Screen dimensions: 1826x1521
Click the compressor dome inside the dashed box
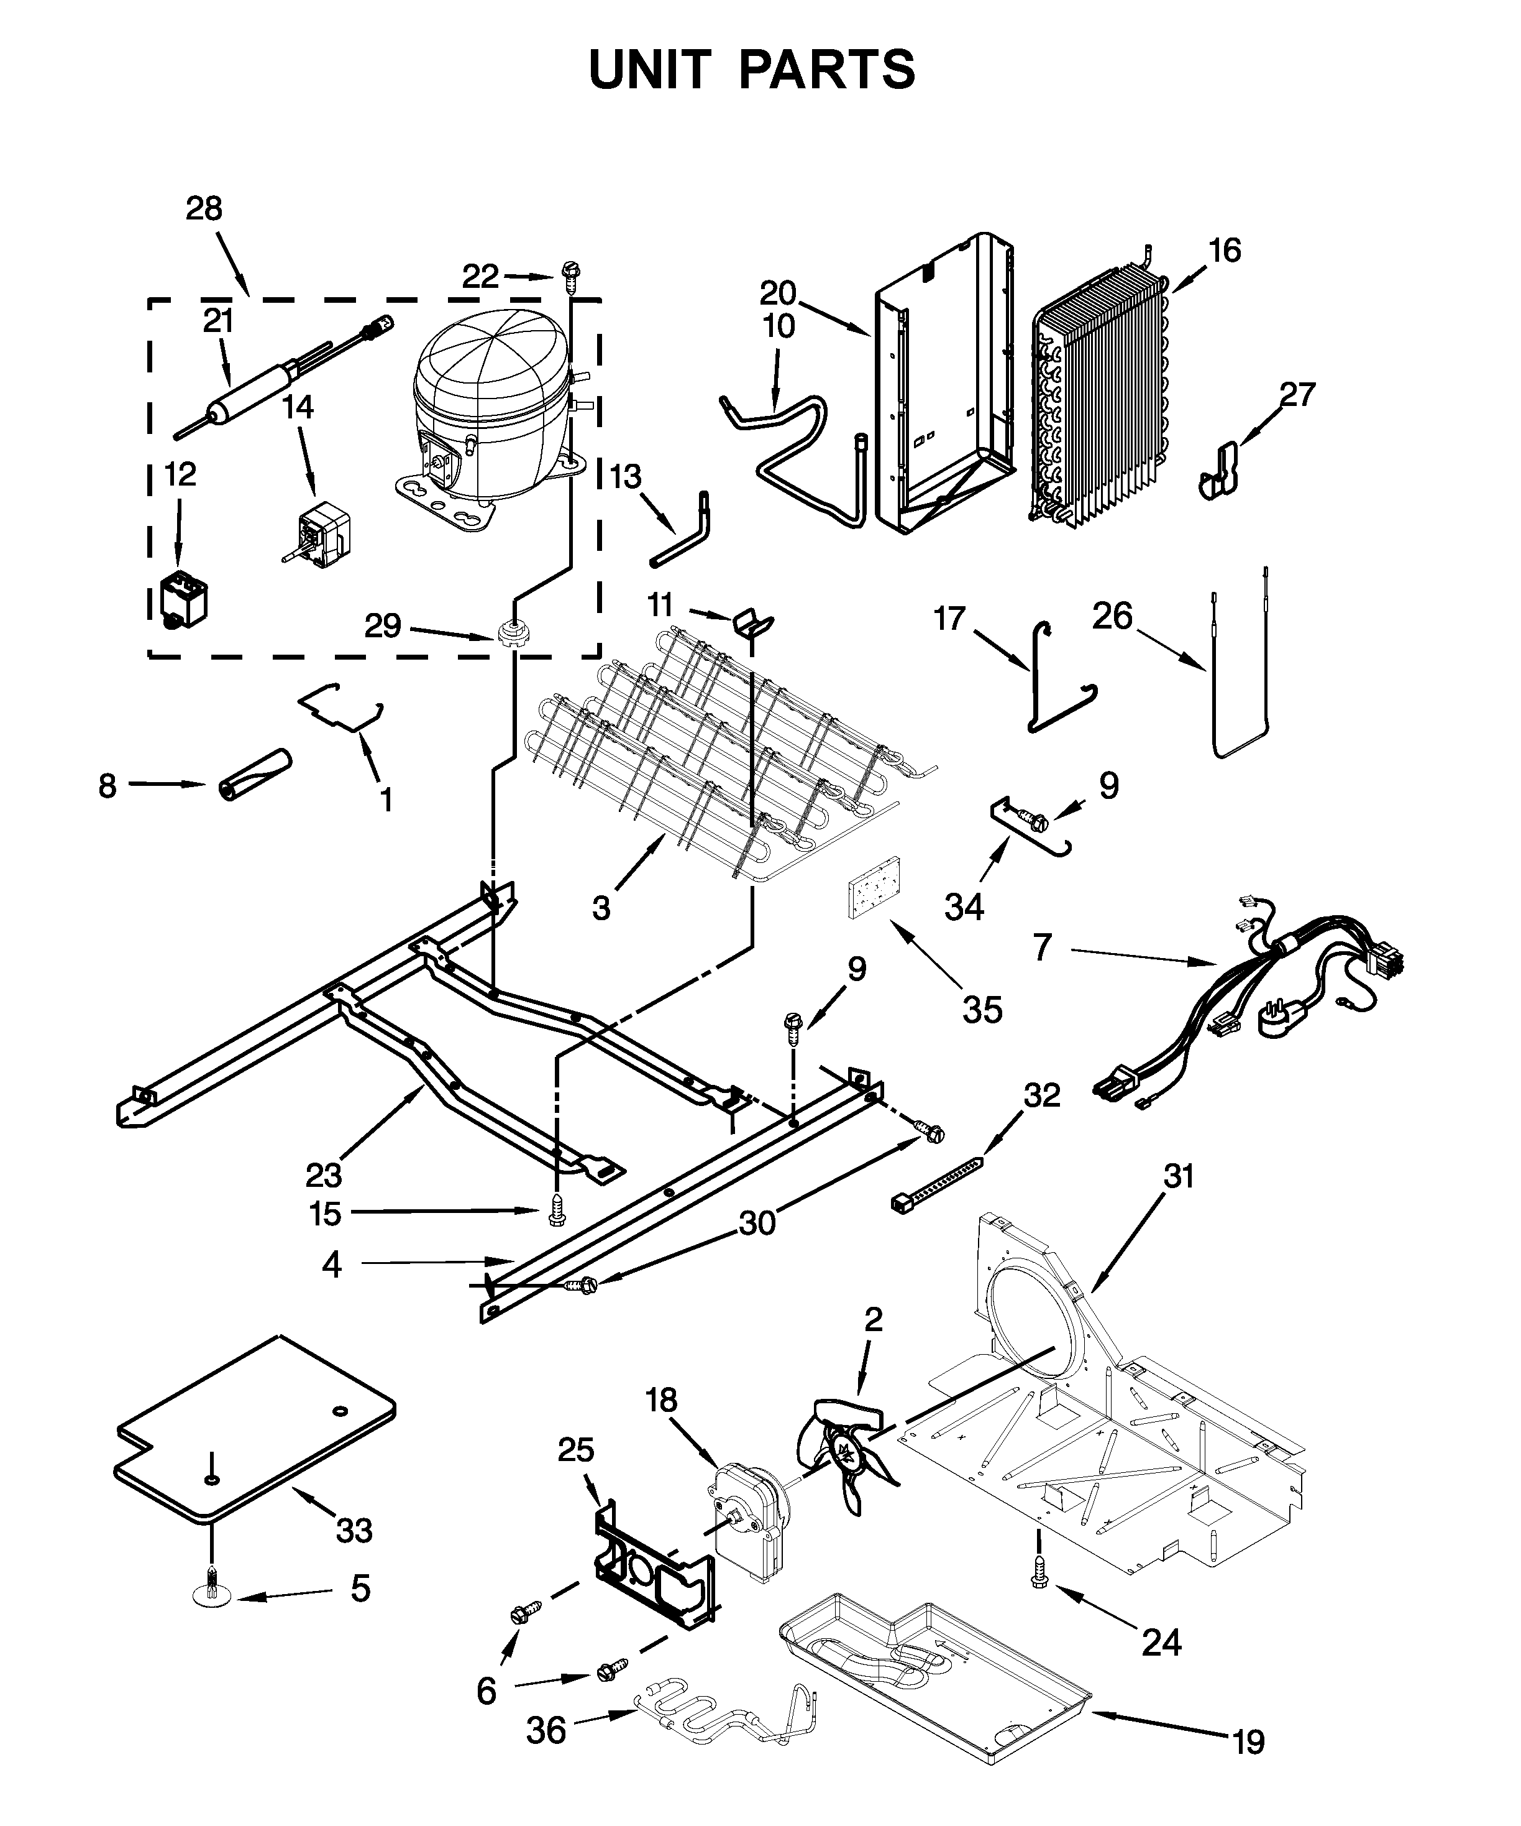click(x=491, y=374)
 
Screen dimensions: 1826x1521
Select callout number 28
click(x=204, y=210)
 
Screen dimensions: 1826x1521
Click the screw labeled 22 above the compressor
click(x=571, y=277)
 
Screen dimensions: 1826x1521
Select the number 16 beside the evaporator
click(x=1225, y=251)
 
